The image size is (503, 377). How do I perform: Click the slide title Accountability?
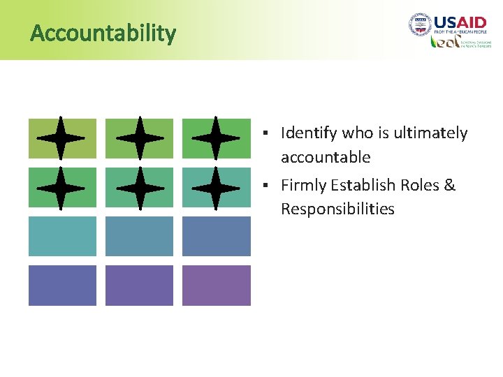click(x=103, y=33)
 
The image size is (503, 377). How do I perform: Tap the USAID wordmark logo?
click(x=460, y=23)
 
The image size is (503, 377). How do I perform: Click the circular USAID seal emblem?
click(x=420, y=25)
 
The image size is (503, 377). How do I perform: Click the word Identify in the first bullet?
click(x=309, y=133)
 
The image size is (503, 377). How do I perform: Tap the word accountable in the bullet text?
click(x=326, y=157)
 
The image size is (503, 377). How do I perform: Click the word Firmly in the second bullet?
click(x=304, y=185)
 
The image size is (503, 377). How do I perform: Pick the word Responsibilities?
click(x=337, y=209)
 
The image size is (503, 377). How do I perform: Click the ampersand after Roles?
click(x=449, y=185)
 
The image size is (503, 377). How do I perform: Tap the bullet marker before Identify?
click(x=267, y=133)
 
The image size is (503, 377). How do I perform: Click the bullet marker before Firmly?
click(x=267, y=185)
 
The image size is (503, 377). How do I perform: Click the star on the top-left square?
click(x=61, y=138)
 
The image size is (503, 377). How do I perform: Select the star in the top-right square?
click(x=215, y=138)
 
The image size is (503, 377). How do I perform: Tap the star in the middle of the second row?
click(x=139, y=187)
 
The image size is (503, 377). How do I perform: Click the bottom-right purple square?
click(x=216, y=285)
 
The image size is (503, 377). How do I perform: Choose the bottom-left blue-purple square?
click(x=62, y=285)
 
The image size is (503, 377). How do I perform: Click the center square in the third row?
click(x=139, y=236)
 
